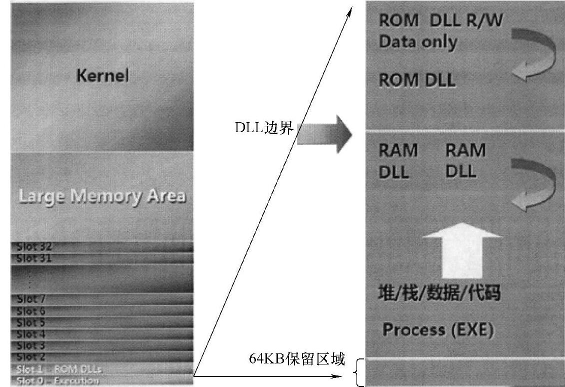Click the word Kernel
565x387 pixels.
(x=102, y=76)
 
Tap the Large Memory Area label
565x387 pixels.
(x=102, y=196)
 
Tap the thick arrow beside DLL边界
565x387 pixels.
(x=324, y=134)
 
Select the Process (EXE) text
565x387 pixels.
(x=438, y=330)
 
